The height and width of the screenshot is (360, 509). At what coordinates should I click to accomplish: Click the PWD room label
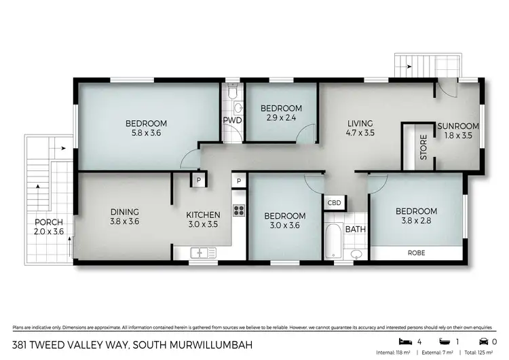[233, 121]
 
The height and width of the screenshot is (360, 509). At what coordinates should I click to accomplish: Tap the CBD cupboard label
[335, 202]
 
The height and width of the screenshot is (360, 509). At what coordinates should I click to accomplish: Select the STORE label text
[423, 147]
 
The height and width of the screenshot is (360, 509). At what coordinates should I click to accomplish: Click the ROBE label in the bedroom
[417, 253]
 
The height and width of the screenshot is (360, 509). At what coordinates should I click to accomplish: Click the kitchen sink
[203, 253]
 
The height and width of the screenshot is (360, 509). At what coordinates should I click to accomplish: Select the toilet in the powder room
[232, 92]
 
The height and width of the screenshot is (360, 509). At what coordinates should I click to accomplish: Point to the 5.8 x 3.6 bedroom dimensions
[146, 133]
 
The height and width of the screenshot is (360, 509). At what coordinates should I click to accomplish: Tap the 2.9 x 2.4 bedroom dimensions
[281, 118]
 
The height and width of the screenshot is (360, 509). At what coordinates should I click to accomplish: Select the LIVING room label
[360, 123]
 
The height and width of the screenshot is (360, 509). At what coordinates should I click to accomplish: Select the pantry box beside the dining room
[197, 180]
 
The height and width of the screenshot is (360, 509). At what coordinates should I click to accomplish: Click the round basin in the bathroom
[356, 255]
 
